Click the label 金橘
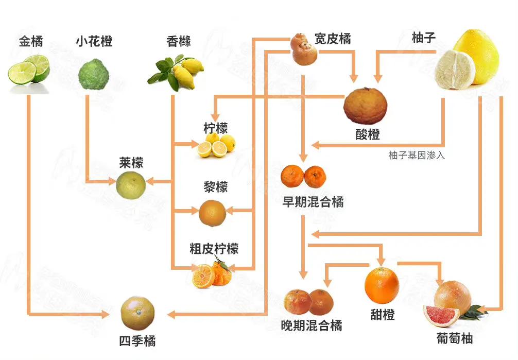point(30,41)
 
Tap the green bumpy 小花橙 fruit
point(93,74)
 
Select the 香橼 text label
point(179,41)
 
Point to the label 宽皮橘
point(333,39)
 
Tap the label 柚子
point(424,38)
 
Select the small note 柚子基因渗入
point(417,155)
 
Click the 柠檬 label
point(215,128)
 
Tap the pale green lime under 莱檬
point(130,186)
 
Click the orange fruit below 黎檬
point(212,213)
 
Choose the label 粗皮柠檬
point(214,249)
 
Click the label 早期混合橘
point(313,201)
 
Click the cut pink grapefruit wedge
point(441,315)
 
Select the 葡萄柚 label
point(454,338)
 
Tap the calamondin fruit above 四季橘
point(137,313)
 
